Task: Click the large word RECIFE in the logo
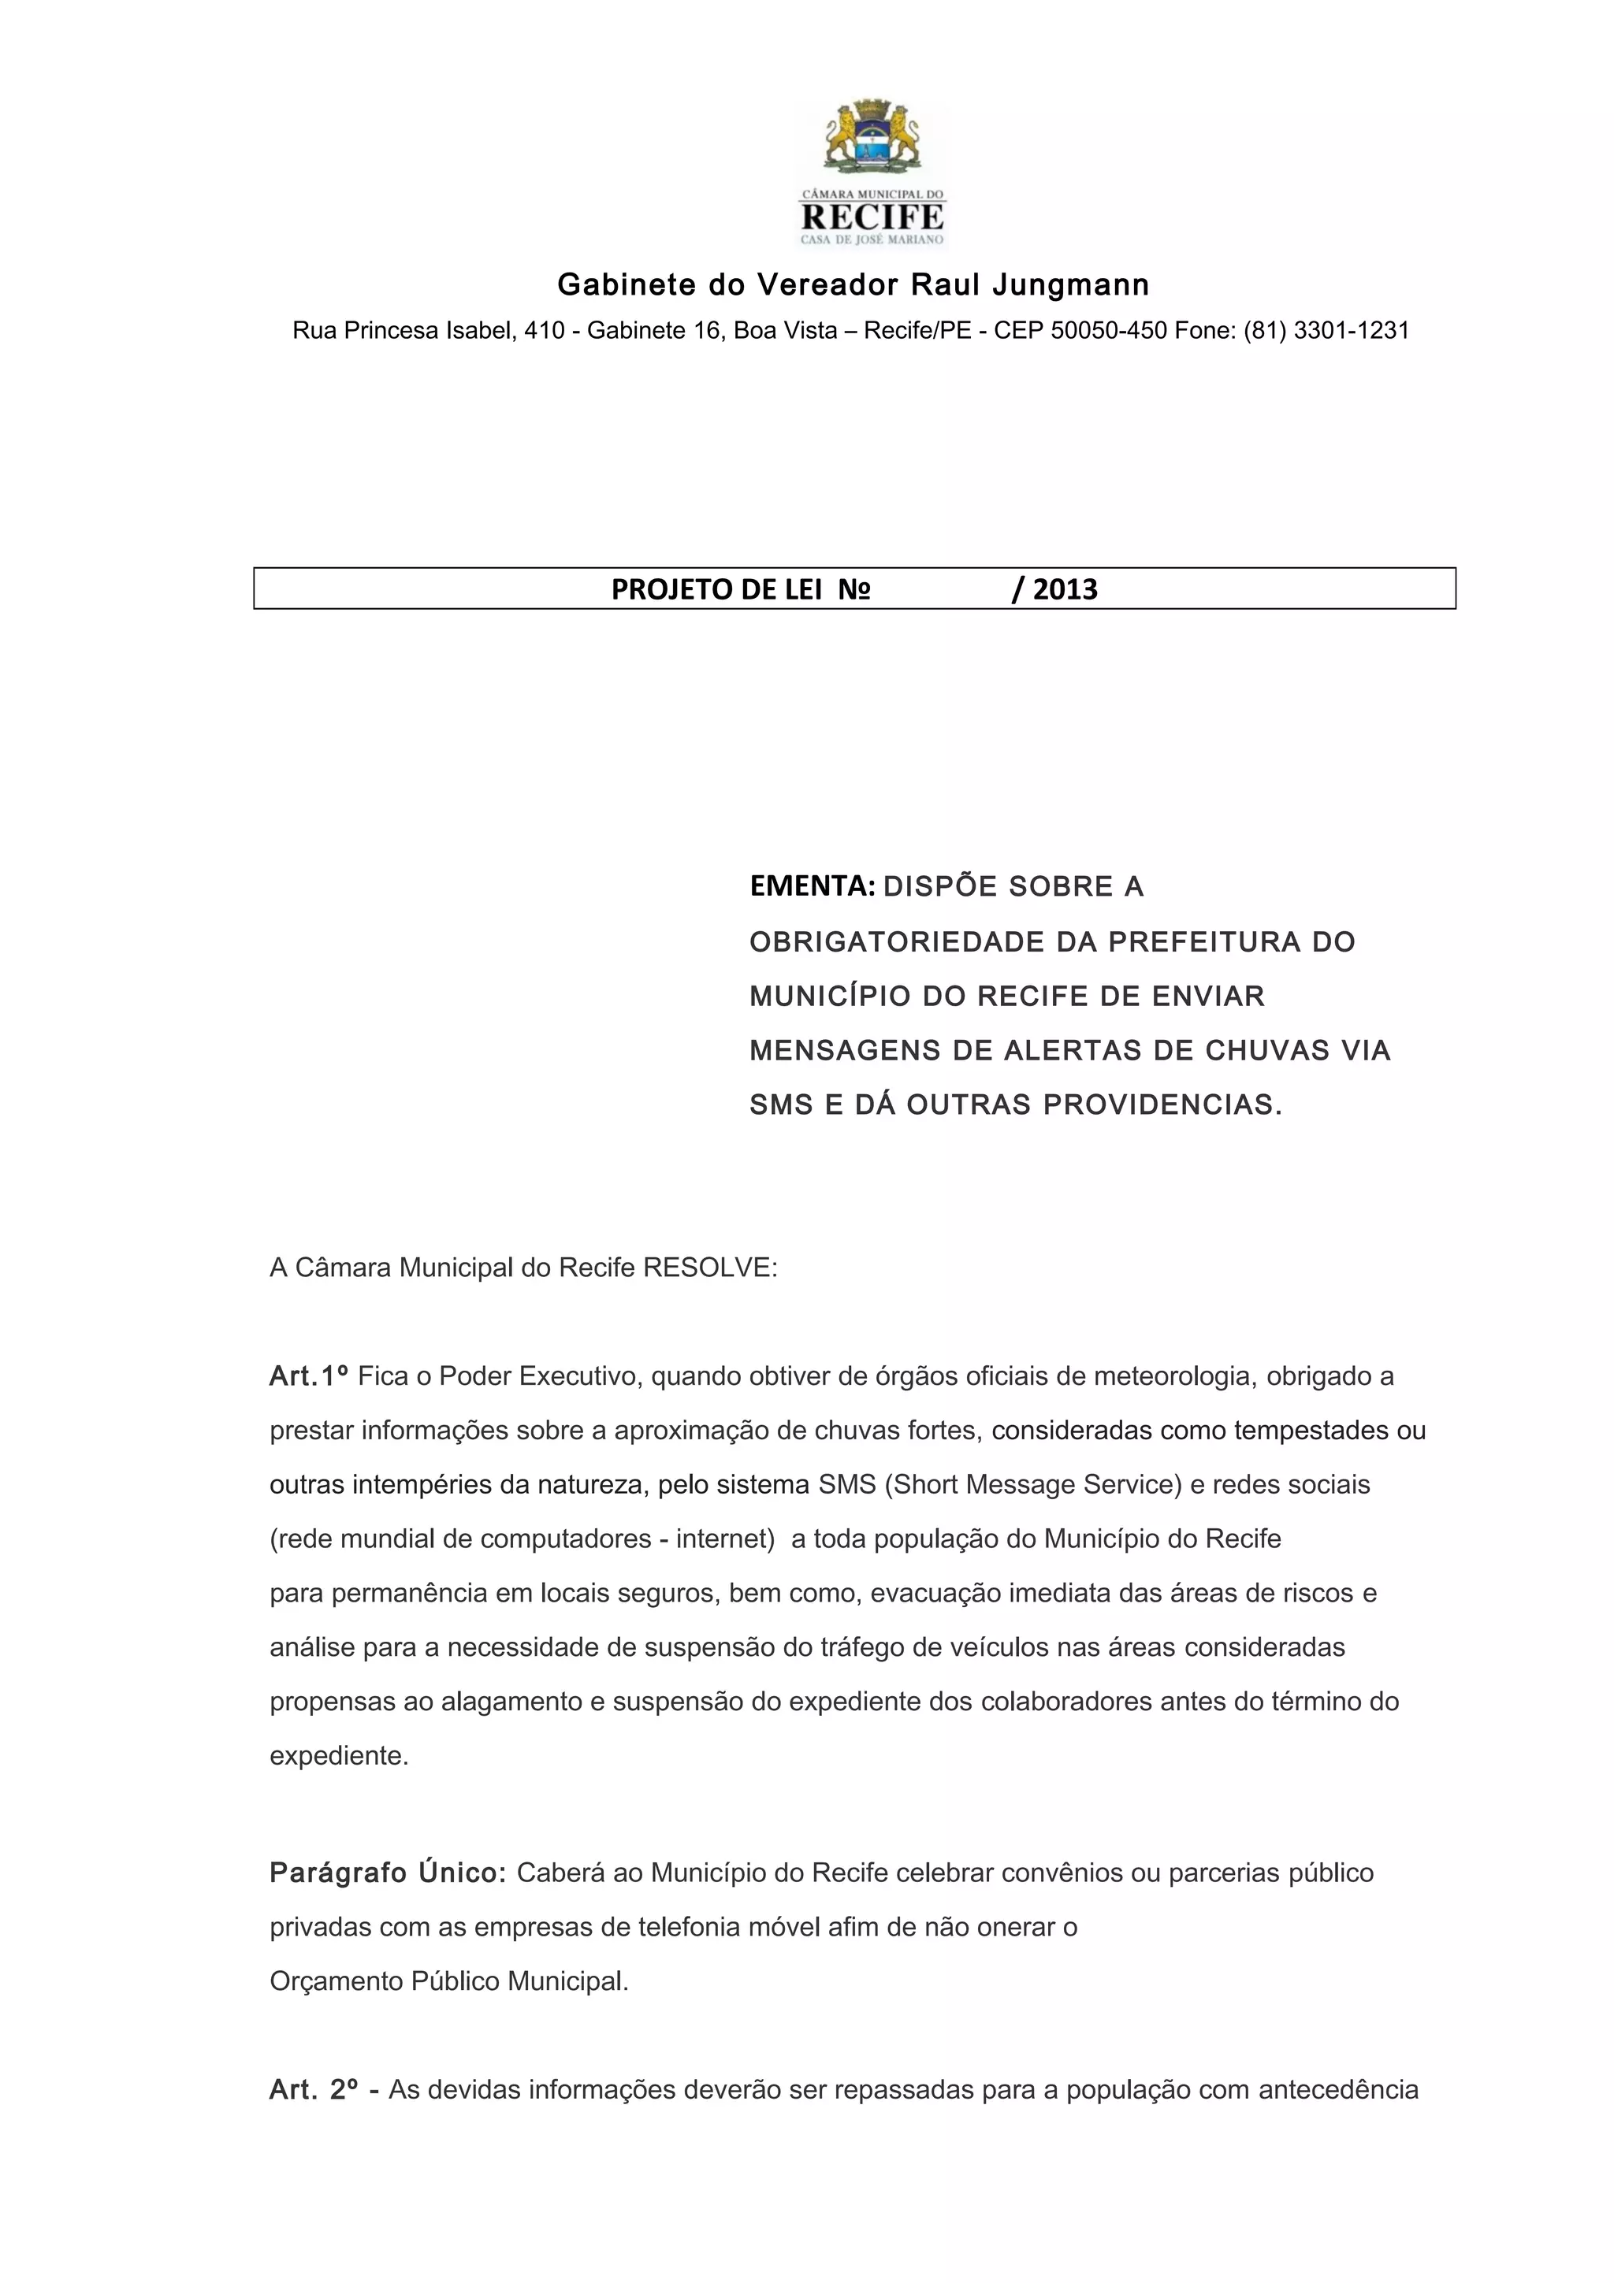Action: coord(872,217)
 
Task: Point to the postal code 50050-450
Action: coord(1108,331)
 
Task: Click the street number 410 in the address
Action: coord(545,331)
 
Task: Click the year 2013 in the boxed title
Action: coord(1065,589)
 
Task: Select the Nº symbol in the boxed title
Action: coord(853,589)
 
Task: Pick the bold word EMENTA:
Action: coord(813,886)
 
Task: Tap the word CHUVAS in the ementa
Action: coord(1267,1051)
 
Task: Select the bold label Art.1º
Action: coord(308,1376)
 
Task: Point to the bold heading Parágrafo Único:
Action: coord(388,1873)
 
